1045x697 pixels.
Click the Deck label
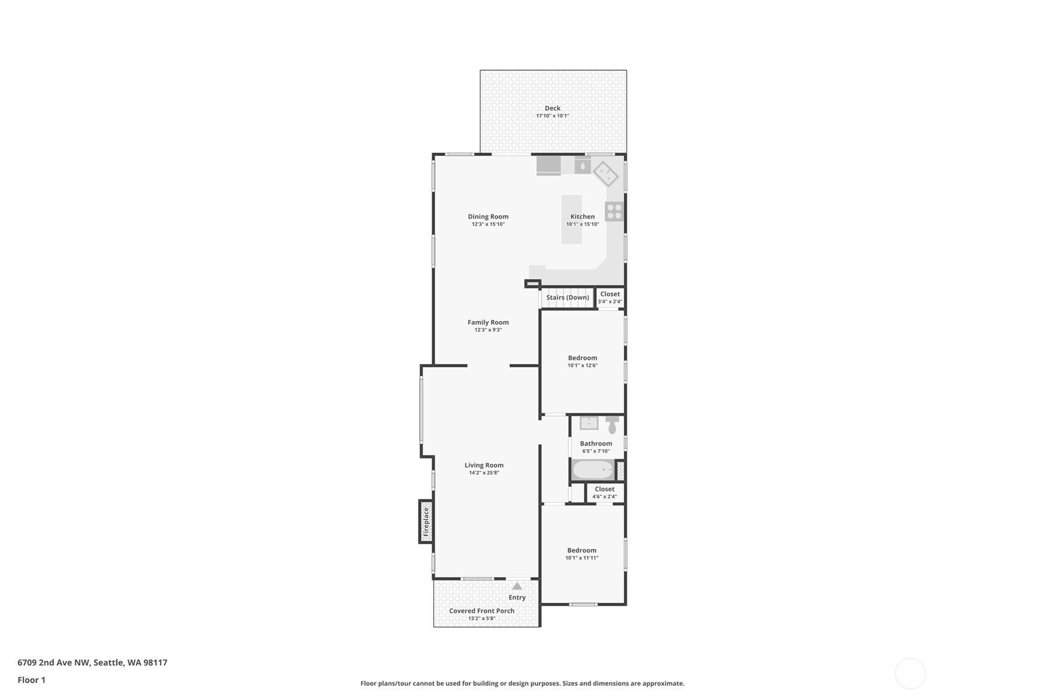tap(552, 108)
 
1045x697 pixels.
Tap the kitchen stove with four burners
tap(614, 211)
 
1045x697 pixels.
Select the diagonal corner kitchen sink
tap(605, 173)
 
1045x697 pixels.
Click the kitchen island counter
tap(571, 219)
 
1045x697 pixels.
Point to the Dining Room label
tap(488, 216)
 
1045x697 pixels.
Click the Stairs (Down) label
tap(567, 298)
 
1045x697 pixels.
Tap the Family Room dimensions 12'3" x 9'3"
tap(488, 330)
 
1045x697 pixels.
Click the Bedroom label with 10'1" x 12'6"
tap(582, 358)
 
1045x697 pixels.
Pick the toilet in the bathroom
tap(611, 425)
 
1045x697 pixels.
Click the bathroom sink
tap(589, 423)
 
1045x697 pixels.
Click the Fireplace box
tap(426, 521)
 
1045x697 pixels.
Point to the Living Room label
tap(484, 465)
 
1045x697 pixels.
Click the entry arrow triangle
tap(517, 586)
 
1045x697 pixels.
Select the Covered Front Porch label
tap(482, 611)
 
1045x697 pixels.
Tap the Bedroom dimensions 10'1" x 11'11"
tap(581, 558)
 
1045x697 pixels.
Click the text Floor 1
tap(31, 680)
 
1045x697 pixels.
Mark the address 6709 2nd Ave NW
tap(54, 663)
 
